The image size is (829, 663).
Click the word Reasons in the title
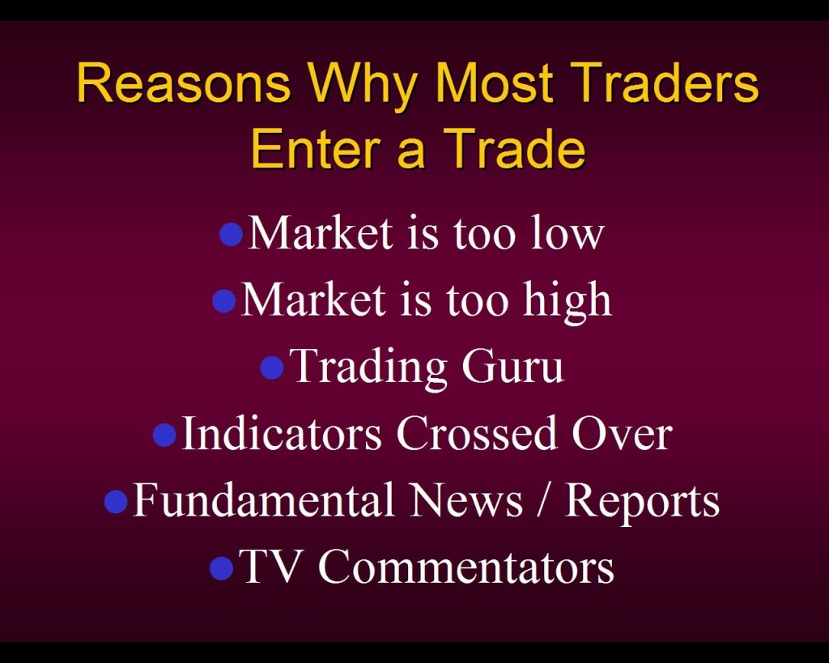[184, 83]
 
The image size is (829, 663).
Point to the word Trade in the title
[514, 148]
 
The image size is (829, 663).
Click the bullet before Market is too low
[231, 234]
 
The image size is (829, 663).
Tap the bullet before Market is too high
[223, 300]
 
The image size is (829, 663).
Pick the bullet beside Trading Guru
[272, 368]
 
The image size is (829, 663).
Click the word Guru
[512, 367]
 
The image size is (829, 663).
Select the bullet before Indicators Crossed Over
[164, 434]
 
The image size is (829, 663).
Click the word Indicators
[282, 432]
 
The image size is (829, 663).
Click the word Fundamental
[264, 499]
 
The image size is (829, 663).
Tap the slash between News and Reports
[543, 499]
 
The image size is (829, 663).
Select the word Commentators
[466, 566]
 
